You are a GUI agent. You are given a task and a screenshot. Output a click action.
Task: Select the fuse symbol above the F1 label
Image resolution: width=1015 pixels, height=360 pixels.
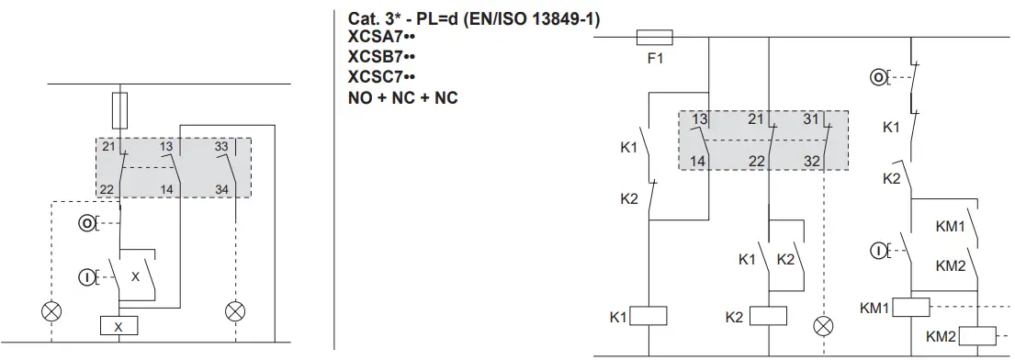[655, 38]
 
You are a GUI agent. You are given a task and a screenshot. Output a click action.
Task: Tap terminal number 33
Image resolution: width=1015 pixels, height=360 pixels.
[221, 146]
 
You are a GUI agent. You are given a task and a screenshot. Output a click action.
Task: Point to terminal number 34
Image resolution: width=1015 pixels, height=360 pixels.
[221, 189]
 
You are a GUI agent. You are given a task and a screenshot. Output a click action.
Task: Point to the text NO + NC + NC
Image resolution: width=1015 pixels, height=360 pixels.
[402, 97]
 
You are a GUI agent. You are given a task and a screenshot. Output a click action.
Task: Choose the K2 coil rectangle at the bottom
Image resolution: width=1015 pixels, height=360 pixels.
[768, 317]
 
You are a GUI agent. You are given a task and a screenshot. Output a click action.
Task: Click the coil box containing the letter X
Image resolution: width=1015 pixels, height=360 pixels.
[118, 326]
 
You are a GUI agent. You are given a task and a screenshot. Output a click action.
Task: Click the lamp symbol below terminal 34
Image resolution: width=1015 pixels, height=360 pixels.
[236, 311]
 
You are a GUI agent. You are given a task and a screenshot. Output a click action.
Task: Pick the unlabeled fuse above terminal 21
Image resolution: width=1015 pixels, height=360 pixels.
[118, 109]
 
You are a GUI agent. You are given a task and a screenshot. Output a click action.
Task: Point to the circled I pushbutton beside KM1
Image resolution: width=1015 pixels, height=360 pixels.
[877, 250]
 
